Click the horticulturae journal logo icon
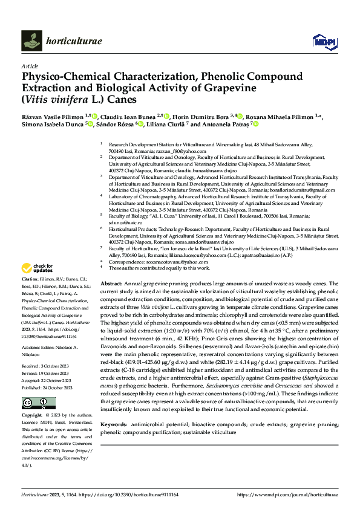31,41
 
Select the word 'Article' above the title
29,65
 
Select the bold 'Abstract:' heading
111,284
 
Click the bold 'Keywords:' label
113,409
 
